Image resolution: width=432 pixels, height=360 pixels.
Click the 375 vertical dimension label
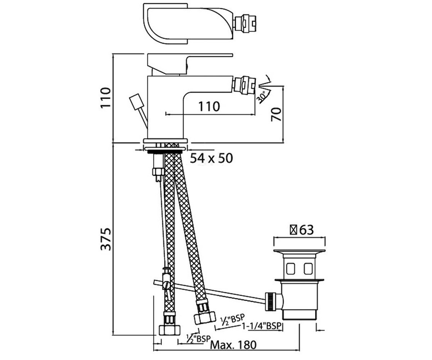[x=106, y=239]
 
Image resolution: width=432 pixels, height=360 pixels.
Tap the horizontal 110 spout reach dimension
[x=209, y=107]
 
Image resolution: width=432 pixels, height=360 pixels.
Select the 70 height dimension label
[x=276, y=114]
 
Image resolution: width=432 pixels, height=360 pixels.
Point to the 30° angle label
[x=262, y=98]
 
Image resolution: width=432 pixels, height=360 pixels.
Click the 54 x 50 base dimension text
[x=211, y=158]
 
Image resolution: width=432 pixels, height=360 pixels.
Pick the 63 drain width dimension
[x=306, y=230]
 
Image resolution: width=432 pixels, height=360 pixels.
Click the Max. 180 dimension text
[x=233, y=345]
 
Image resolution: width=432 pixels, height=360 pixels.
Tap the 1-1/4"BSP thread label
[x=262, y=326]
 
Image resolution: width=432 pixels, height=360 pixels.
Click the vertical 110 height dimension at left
[x=106, y=98]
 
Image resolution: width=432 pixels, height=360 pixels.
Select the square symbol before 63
[x=294, y=230]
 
